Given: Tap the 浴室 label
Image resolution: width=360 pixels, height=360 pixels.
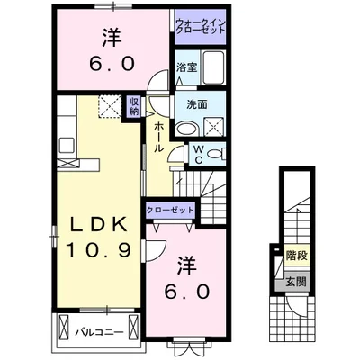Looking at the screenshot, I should click(186, 68).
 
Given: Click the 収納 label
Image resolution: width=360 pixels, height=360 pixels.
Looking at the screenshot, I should click(133, 107).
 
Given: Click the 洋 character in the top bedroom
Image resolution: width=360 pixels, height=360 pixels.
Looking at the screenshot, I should click(111, 37).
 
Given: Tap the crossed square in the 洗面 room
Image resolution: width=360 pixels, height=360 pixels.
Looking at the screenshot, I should click(218, 126).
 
